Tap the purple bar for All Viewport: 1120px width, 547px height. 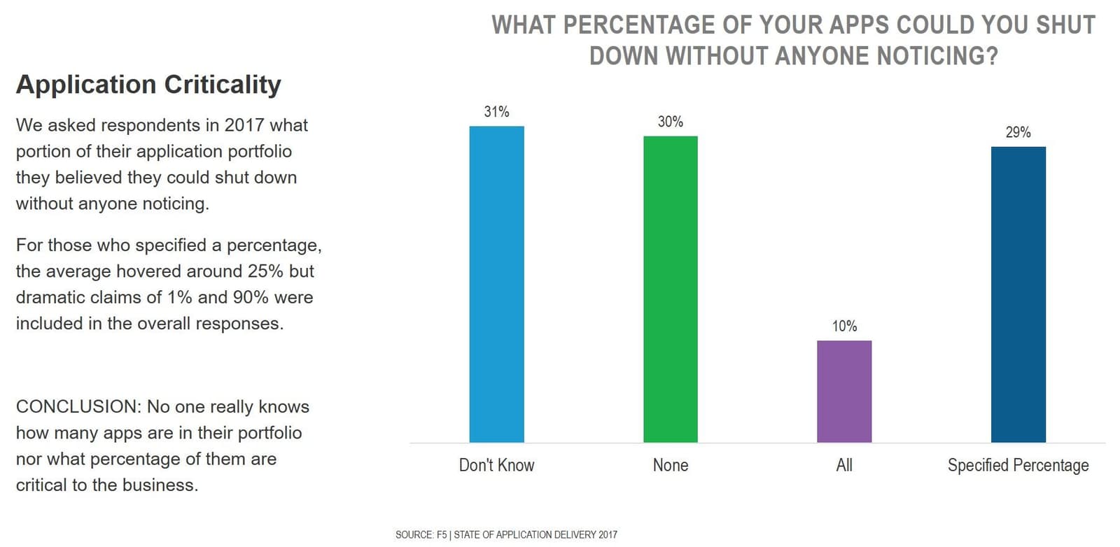click(844, 391)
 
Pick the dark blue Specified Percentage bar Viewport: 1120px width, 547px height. click(1018, 294)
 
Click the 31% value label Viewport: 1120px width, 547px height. click(496, 112)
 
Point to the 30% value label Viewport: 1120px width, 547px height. click(670, 122)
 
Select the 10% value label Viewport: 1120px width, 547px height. click(844, 327)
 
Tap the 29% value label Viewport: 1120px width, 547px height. click(1018, 132)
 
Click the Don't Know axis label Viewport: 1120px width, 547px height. click(496, 465)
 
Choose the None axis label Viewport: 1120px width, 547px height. click(670, 465)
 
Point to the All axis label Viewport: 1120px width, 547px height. click(844, 465)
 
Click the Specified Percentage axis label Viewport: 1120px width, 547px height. click(1018, 465)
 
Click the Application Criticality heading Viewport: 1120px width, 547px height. click(148, 85)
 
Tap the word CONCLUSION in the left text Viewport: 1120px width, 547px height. click(77, 407)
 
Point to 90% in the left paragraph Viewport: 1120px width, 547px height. click(251, 297)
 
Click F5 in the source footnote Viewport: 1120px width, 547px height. click(442, 535)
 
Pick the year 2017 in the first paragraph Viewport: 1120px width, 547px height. click(244, 125)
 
